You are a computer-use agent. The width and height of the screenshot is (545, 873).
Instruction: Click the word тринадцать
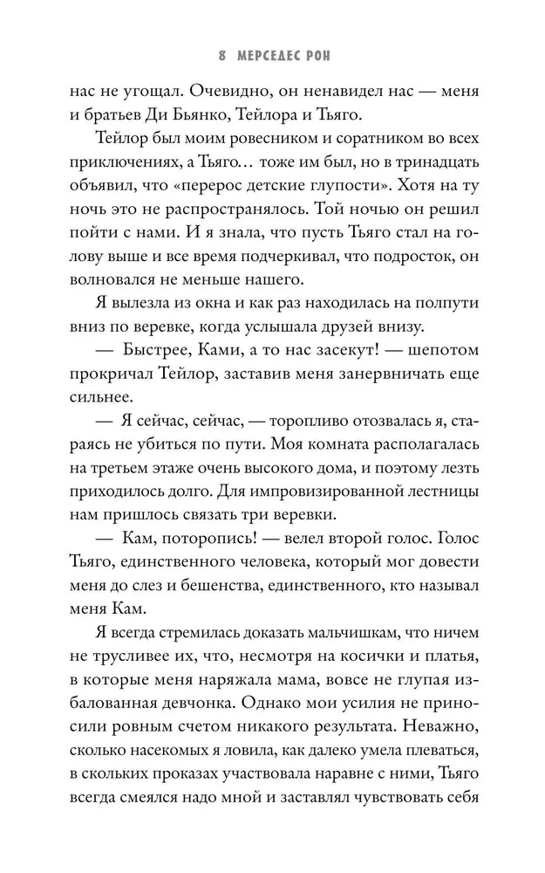click(438, 178)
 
